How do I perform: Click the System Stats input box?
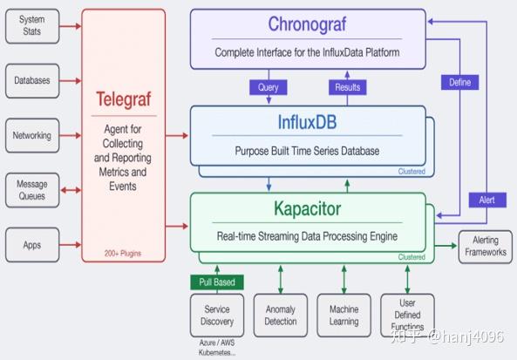click(32, 26)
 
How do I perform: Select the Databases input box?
click(32, 80)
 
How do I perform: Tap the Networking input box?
click(32, 135)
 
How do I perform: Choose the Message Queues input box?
click(32, 190)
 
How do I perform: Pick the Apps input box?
click(32, 245)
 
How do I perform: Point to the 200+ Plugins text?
click(123, 254)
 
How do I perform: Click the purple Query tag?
click(268, 87)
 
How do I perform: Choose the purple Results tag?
click(346, 87)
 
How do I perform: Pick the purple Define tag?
click(459, 82)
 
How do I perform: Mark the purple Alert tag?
click(486, 200)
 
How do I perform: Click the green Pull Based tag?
click(217, 282)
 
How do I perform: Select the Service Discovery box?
click(217, 315)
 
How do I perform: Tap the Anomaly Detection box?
click(280, 315)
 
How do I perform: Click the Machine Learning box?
click(344, 315)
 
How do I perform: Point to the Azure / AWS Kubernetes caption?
click(217, 349)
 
